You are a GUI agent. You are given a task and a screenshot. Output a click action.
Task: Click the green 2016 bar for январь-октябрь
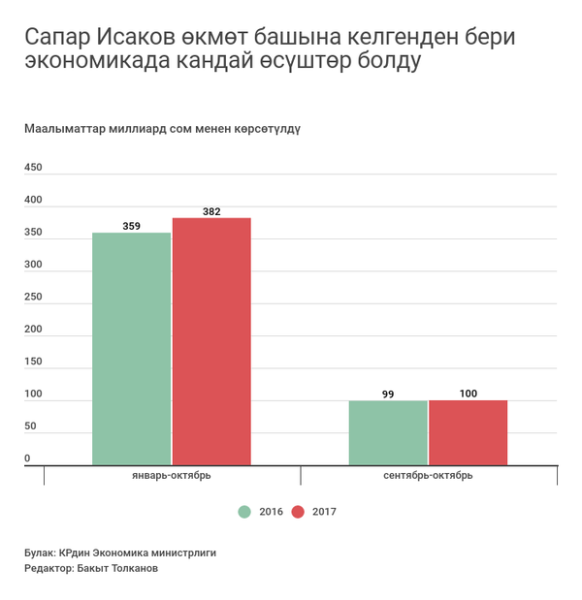coord(131,349)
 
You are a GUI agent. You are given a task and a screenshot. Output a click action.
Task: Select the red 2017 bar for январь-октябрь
coord(211,341)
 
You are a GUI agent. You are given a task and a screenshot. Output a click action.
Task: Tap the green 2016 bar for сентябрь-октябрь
coord(388,432)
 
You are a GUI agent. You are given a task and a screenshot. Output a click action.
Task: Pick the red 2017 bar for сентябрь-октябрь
coord(468,432)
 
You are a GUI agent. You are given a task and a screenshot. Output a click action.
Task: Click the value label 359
coord(131,226)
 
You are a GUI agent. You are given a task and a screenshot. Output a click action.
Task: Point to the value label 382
coord(211,211)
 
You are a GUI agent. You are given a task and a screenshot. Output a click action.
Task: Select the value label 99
coord(388,394)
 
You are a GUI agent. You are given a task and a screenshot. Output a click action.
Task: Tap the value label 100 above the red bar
coord(468,394)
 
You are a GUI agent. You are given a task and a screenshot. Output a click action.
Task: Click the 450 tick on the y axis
coord(33,168)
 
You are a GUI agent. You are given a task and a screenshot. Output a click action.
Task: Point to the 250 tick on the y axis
coord(33,297)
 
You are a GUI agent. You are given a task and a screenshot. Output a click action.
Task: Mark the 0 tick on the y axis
coord(28,458)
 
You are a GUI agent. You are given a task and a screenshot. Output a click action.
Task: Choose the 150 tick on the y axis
coord(33,362)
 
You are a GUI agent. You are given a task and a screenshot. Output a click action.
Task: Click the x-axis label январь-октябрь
coord(172,476)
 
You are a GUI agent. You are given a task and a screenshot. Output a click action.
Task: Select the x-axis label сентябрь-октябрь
coord(428,476)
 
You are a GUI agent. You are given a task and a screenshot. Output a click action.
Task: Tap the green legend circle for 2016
coord(244,511)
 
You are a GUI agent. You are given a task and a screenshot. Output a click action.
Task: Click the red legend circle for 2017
coord(298,511)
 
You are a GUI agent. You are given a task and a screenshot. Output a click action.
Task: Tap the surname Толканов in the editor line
coord(131,569)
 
